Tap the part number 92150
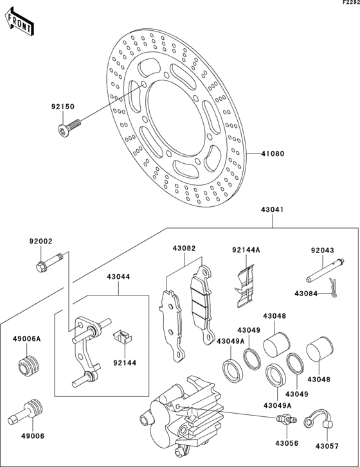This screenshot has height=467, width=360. tap(63, 107)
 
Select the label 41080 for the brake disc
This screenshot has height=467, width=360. tap(273, 154)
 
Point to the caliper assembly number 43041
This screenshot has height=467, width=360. tap(273, 210)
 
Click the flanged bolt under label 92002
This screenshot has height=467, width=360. tap(48, 263)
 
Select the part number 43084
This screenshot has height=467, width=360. tap(306, 294)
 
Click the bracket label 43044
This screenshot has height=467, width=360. tap(119, 278)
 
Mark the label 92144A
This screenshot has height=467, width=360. tap(245, 250)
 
